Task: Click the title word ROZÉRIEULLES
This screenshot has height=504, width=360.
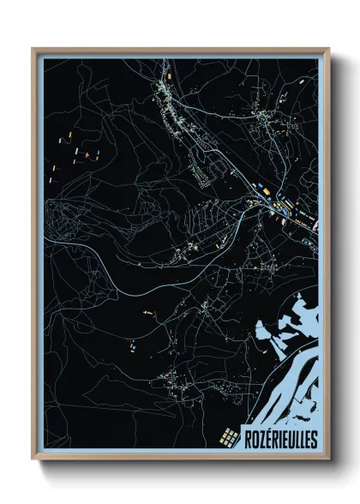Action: point(280,439)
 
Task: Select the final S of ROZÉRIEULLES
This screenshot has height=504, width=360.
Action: point(313,439)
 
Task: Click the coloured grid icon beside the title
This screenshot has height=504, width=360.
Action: point(229,437)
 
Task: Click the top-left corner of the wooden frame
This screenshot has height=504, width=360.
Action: point(33,49)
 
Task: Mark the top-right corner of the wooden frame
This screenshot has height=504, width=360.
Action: point(329,49)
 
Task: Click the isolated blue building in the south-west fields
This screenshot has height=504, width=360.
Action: point(134,348)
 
